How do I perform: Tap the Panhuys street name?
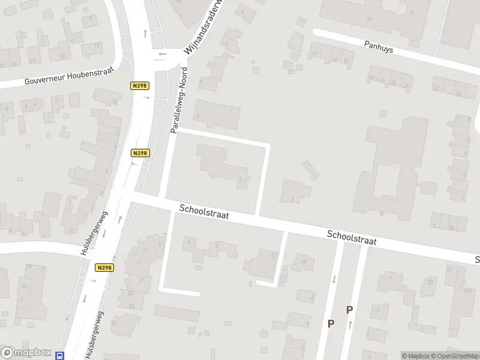click(379, 47)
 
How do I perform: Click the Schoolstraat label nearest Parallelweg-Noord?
click(204, 211)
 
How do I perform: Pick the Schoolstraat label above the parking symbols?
click(352, 238)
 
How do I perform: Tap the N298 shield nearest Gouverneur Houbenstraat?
click(139, 86)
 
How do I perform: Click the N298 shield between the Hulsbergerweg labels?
click(104, 268)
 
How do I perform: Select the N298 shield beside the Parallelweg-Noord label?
click(139, 154)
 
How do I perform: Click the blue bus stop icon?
click(59, 355)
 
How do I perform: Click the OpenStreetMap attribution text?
click(455, 356)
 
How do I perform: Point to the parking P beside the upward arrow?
click(349, 310)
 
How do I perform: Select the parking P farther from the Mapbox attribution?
click(331, 323)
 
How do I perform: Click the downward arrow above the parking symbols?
click(334, 279)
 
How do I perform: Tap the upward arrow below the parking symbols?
click(350, 325)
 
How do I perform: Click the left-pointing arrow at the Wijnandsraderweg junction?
click(161, 54)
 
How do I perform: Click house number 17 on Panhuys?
click(346, 61)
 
